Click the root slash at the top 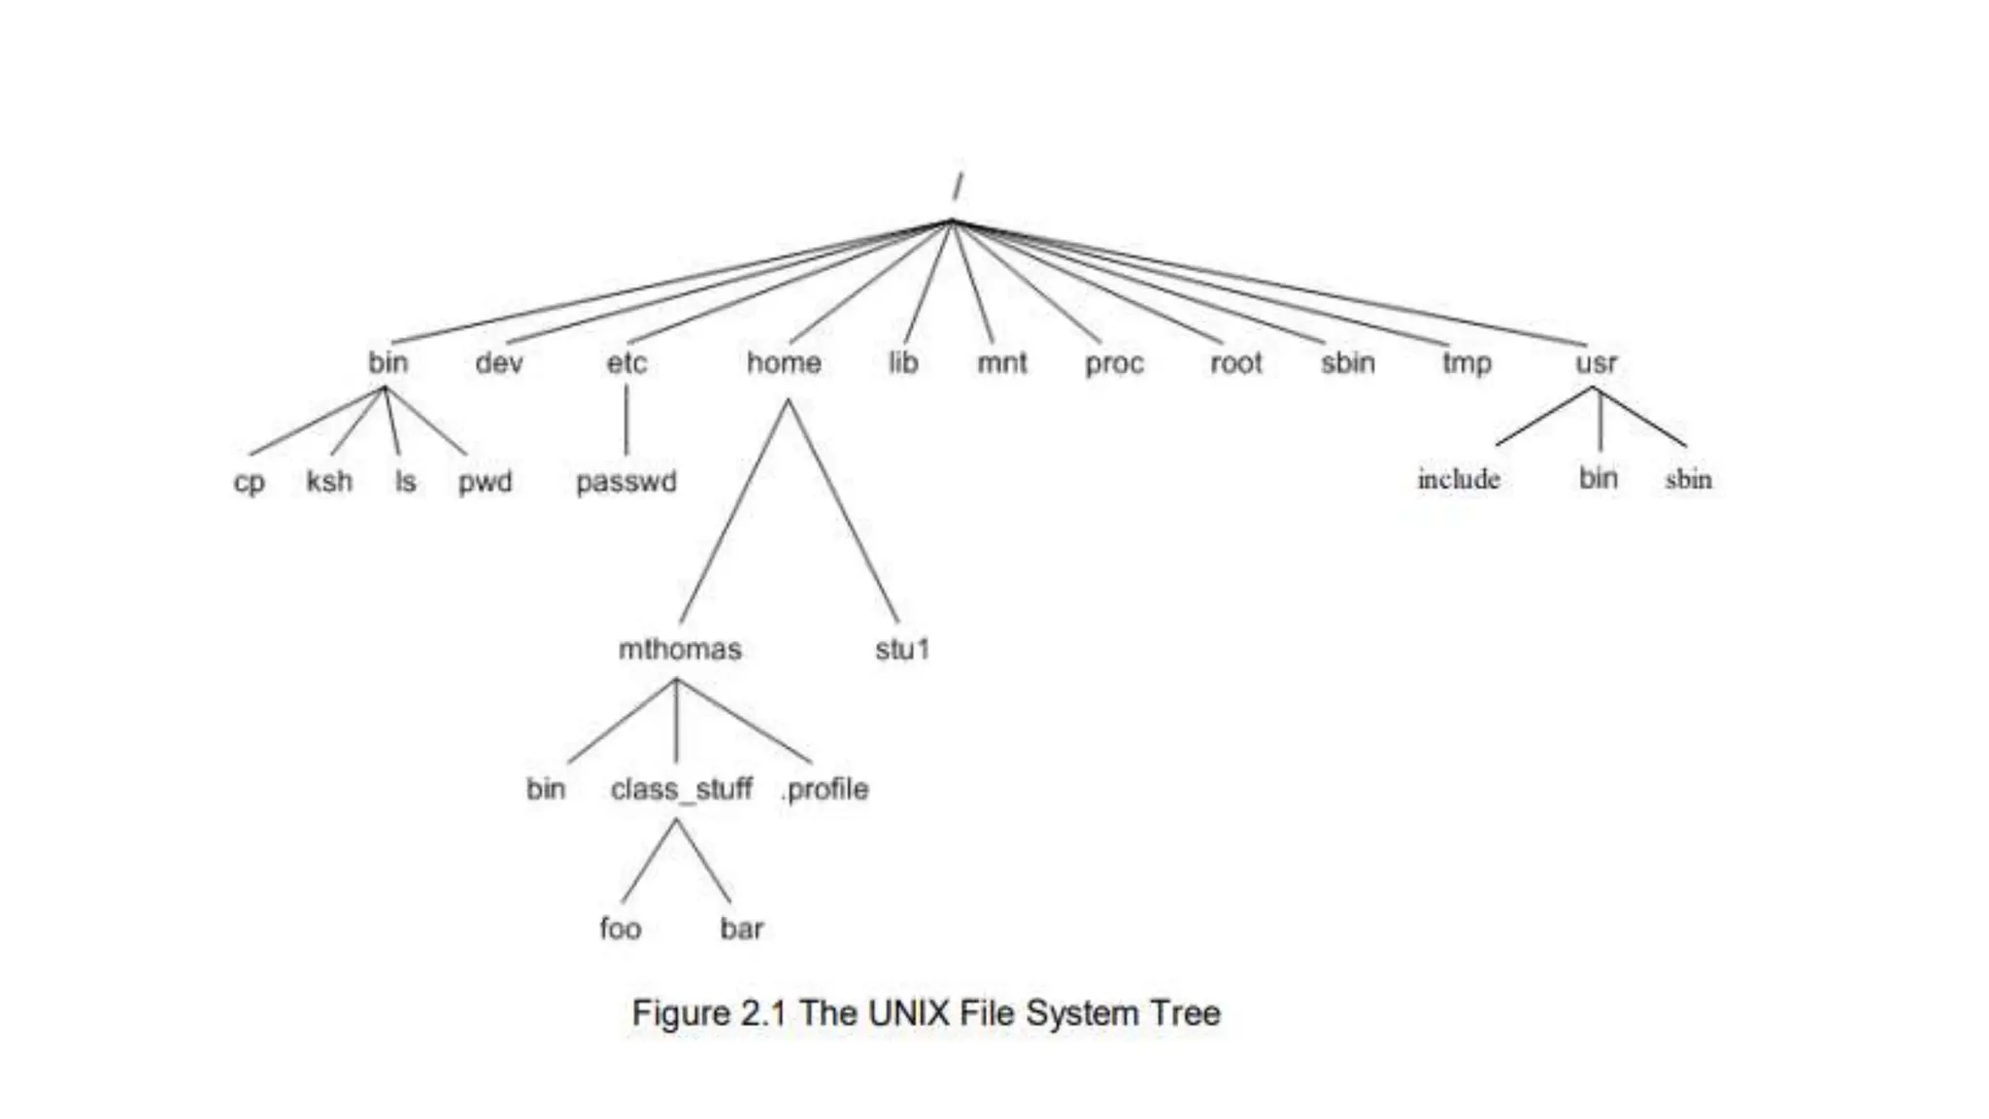click(x=958, y=186)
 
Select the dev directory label click(x=499, y=363)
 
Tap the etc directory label click(x=626, y=363)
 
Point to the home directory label click(x=784, y=363)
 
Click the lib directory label click(x=903, y=363)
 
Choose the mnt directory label click(x=1002, y=363)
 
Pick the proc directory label click(x=1115, y=364)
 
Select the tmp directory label click(x=1466, y=364)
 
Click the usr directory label click(x=1597, y=364)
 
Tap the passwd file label click(x=626, y=482)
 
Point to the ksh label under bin click(x=329, y=482)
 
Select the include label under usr click(x=1459, y=479)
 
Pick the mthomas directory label click(x=680, y=649)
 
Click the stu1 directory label click(x=902, y=649)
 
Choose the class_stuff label click(x=681, y=789)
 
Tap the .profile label click(x=825, y=789)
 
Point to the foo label click(x=621, y=929)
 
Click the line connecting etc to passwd click(x=626, y=420)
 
